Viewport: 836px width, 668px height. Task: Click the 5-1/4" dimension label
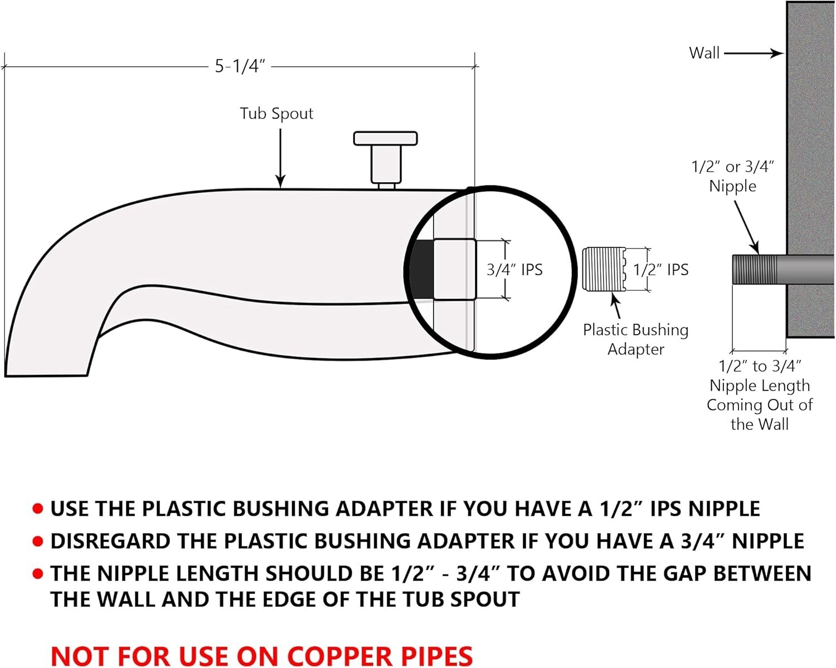240,66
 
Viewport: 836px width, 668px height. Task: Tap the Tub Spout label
276,114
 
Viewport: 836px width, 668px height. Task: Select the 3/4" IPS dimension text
514,270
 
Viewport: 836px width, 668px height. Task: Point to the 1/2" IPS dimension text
660,270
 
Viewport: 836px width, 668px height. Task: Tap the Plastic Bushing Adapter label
635,339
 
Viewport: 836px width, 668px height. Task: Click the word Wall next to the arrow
704,53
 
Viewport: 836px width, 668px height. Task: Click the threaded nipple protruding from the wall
759,269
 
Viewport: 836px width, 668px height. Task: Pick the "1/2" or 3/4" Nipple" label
732,176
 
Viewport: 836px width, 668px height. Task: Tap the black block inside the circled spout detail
422,269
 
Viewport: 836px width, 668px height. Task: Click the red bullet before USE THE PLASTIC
38,509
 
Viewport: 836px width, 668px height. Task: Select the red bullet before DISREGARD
38,541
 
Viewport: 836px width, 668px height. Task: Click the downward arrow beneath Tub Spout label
280,159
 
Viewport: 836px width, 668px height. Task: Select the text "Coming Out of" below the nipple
759,405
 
